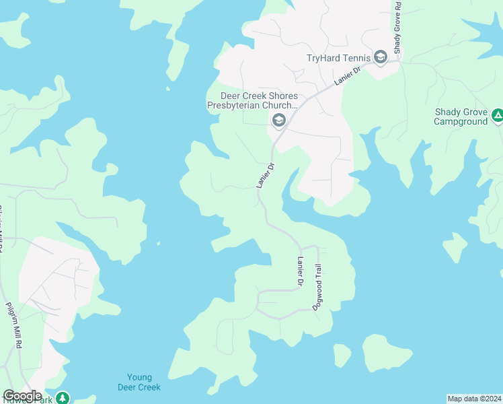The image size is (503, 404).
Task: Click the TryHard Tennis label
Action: tap(338, 58)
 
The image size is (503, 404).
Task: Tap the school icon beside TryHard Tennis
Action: tap(381, 57)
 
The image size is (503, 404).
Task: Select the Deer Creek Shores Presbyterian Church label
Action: tap(252, 101)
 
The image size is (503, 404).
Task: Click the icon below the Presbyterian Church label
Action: tap(278, 121)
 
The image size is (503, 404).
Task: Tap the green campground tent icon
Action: tap(497, 116)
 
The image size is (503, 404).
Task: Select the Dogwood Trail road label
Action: tap(317, 287)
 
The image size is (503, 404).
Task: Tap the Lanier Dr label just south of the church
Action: tap(266, 174)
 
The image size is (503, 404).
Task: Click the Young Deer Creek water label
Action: tap(139, 382)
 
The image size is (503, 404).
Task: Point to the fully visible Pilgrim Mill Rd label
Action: tap(15, 325)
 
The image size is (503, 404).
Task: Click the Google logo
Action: tap(22, 396)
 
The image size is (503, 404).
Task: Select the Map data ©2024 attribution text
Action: tap(473, 398)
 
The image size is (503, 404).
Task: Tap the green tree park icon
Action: tap(63, 398)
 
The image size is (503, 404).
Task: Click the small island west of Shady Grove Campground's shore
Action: tap(455, 246)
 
